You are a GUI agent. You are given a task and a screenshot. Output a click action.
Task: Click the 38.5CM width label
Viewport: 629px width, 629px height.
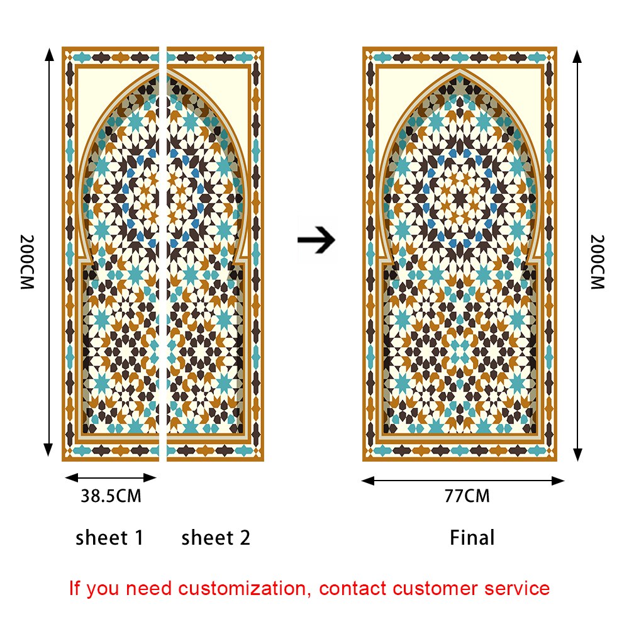111,496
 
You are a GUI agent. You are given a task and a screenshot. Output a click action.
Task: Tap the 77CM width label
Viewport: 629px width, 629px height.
467,496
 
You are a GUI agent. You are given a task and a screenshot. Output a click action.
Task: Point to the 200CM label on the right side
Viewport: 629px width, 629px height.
598,262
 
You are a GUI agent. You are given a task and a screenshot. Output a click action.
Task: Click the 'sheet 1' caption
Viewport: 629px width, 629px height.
109,538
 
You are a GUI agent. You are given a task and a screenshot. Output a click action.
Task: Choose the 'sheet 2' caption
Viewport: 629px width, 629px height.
216,538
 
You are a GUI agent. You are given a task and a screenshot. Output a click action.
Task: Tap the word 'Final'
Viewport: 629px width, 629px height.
472,538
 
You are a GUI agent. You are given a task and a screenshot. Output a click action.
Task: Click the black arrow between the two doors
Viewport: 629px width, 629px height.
316,240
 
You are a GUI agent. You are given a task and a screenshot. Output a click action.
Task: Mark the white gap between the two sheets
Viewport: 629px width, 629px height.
163,252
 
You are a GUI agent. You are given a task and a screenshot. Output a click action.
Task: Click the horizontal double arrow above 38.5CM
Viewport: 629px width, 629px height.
111,477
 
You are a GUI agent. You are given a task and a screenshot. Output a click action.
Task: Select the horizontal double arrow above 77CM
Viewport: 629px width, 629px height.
463,481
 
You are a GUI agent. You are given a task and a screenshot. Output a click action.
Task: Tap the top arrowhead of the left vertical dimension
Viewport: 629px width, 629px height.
48,53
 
